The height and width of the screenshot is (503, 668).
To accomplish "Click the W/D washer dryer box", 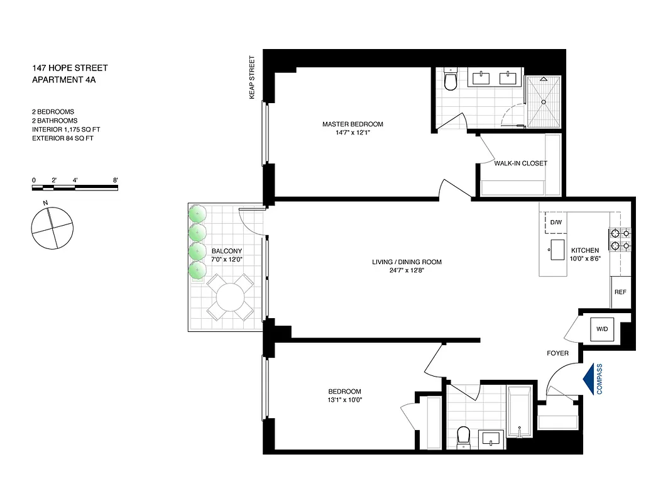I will (601, 329).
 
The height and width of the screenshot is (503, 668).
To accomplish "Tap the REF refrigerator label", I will (620, 292).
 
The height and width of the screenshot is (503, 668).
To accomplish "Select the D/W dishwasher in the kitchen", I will (556, 223).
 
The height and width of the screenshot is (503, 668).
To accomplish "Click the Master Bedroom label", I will (353, 124).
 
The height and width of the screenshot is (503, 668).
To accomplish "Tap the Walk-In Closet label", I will (521, 163).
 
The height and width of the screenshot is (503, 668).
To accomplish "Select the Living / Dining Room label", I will (410, 262).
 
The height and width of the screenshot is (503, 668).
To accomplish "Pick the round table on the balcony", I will (230, 296).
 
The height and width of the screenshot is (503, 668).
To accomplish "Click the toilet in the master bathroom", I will (451, 80).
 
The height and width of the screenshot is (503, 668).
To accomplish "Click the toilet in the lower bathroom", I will (464, 435).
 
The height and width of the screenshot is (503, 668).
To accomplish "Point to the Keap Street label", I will (253, 77).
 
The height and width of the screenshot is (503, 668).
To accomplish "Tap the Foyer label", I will (558, 353).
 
